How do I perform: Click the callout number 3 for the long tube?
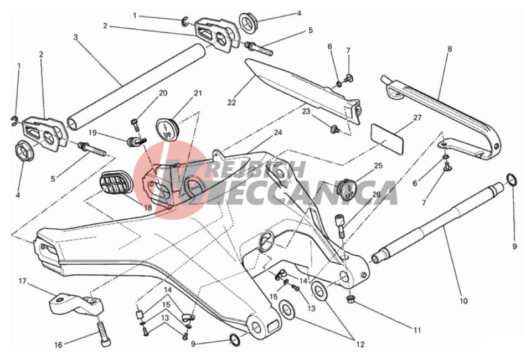tap(76, 37)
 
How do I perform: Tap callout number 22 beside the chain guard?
tap(231, 102)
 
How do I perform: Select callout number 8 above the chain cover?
tap(450, 49)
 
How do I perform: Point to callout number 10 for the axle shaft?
tap(463, 300)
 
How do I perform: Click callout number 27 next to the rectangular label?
tap(417, 117)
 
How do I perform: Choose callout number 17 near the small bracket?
tap(22, 281)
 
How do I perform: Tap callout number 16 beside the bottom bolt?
tap(59, 344)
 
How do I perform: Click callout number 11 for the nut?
tap(417, 330)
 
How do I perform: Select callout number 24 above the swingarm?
tap(278, 132)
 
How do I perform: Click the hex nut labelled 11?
tap(350, 299)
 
